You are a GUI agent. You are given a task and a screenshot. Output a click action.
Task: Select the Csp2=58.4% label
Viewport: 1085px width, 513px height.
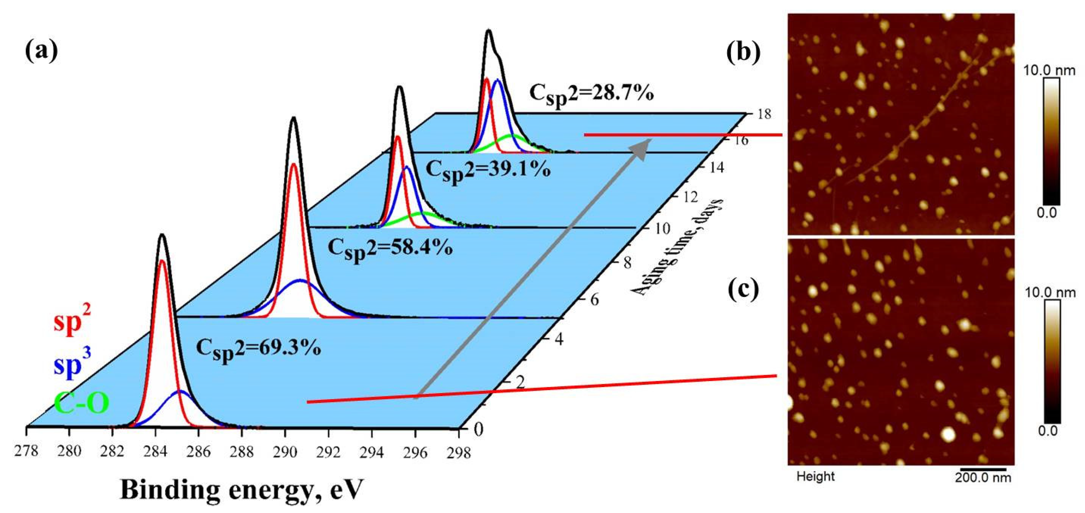(x=390, y=249)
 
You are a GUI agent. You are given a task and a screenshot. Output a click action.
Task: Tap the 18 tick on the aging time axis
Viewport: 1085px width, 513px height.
(x=764, y=114)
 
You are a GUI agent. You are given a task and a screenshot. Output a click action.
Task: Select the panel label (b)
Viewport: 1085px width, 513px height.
(x=743, y=52)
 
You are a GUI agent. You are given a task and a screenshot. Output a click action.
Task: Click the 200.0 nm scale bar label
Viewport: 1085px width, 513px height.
(x=983, y=477)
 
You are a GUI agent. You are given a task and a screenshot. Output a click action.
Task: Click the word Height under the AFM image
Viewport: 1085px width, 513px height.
(x=816, y=476)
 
